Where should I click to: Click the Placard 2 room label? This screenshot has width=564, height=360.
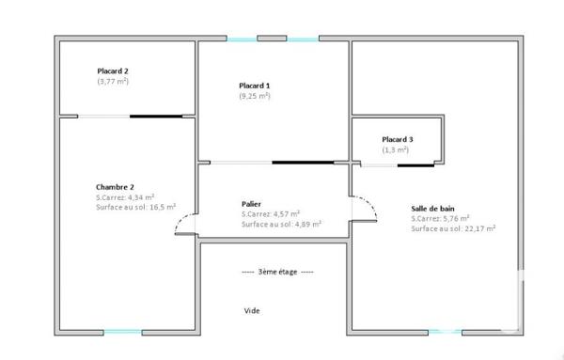[x=113, y=70]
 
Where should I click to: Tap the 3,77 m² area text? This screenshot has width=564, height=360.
[x=113, y=82]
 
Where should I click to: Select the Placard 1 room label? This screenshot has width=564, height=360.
[x=254, y=86]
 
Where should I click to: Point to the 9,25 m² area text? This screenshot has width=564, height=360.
[x=255, y=96]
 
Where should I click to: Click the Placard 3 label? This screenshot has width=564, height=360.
[x=398, y=139]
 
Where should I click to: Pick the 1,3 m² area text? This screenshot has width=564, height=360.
[x=396, y=149]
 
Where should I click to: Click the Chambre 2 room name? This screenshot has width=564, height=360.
[x=115, y=187]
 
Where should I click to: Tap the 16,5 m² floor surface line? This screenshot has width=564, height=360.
[x=137, y=207]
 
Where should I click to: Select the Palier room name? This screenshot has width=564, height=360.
[x=251, y=204]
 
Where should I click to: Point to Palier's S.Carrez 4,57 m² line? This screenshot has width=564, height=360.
[x=271, y=214]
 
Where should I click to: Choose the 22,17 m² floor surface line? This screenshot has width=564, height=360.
[x=453, y=228]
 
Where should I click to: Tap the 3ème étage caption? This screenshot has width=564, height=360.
[x=277, y=272]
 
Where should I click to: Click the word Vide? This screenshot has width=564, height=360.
[x=252, y=311]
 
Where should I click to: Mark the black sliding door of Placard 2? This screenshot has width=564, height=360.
[x=155, y=117]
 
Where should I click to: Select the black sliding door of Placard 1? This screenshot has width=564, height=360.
[x=303, y=163]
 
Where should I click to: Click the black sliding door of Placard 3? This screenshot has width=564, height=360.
[x=415, y=165]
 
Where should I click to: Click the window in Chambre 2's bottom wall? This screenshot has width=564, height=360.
[x=123, y=331]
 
